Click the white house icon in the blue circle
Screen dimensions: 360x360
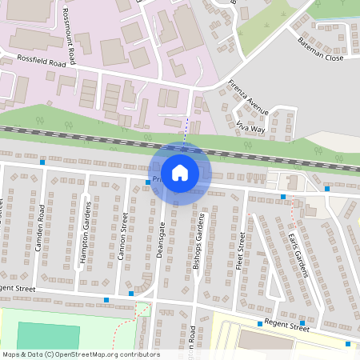tap(180, 172)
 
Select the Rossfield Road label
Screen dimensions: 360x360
tap(39, 61)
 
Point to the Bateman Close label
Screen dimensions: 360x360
tap(319, 48)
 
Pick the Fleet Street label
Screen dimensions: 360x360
tap(240, 251)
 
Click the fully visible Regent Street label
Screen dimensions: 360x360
tap(288, 326)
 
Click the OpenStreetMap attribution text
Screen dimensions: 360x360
tap(81, 354)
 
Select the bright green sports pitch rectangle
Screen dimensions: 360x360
tap(47, 335)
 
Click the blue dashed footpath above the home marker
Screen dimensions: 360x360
tap(186, 128)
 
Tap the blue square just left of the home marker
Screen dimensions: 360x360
tap(148, 182)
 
